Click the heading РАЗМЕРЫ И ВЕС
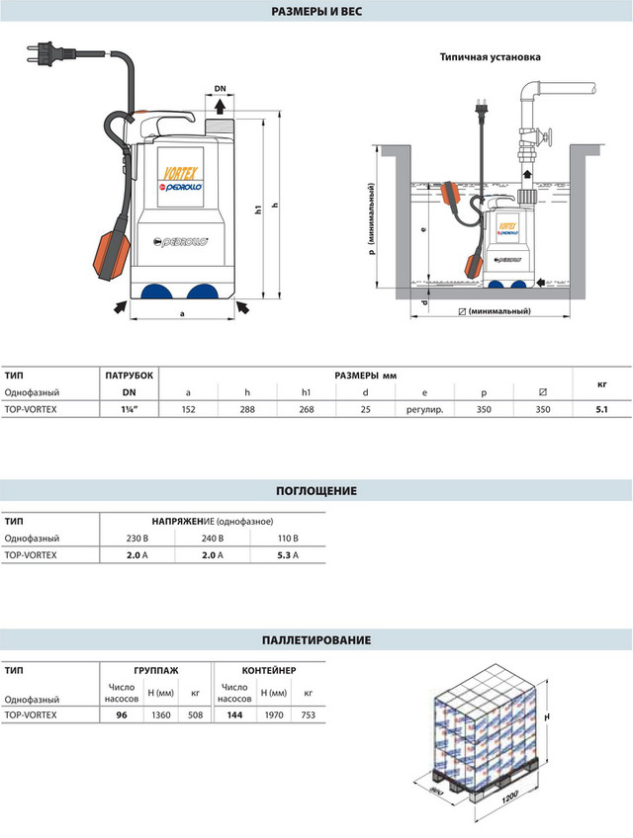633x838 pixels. [316, 13]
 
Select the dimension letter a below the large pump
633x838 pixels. [181, 314]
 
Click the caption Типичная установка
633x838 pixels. [491, 57]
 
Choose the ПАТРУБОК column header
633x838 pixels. [129, 377]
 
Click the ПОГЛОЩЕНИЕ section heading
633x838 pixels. [316, 491]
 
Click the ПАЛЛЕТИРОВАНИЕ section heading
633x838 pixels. [316, 640]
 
